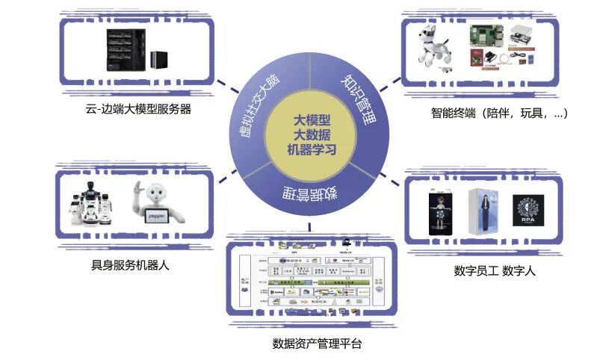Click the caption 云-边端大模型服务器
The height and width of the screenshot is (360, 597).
point(139,109)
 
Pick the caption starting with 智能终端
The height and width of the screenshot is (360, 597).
point(500,114)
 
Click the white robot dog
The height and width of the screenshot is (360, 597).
point(434,51)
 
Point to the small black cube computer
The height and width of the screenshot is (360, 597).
point(159,60)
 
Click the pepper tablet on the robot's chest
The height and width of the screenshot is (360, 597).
point(157,214)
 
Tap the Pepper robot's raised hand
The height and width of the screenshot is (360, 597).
point(137,190)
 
